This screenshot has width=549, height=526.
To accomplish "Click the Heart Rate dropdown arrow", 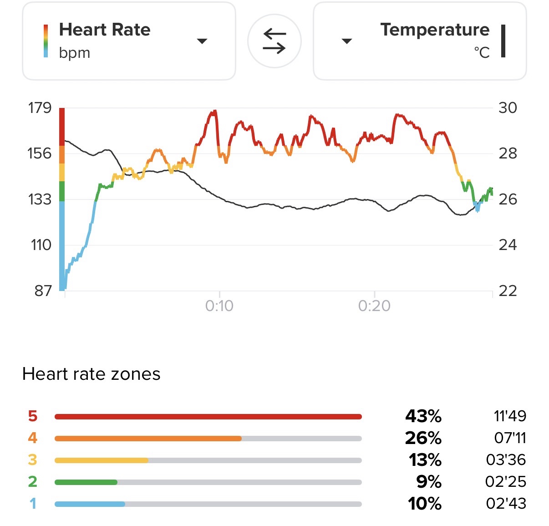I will click(x=202, y=41).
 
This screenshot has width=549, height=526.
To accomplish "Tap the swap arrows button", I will click(x=274, y=41).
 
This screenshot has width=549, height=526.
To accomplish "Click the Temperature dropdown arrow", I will click(x=347, y=41).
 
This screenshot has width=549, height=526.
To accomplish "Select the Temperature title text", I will click(x=435, y=30).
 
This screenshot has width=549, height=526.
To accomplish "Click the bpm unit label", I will click(x=75, y=53).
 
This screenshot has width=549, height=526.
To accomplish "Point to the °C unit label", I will click(x=482, y=53).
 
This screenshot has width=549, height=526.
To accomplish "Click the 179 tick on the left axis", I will click(x=40, y=108).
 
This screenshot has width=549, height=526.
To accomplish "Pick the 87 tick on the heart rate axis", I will click(x=43, y=291).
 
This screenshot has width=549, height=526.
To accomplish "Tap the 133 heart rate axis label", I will click(x=40, y=199).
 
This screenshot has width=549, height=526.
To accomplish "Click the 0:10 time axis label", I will click(x=219, y=306).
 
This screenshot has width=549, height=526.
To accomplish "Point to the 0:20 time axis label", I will click(x=374, y=306).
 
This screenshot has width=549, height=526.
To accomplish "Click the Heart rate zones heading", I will click(x=91, y=374).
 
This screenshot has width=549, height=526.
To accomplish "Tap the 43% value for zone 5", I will click(x=423, y=416).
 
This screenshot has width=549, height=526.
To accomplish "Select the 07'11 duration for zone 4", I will click(x=510, y=438).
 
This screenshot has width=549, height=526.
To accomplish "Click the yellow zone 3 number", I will click(x=32, y=460).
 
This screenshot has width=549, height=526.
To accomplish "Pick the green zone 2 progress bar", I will click(x=86, y=482).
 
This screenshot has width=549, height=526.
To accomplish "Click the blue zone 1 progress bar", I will click(x=90, y=504).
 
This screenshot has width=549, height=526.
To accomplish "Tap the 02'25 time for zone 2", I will click(x=506, y=481).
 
